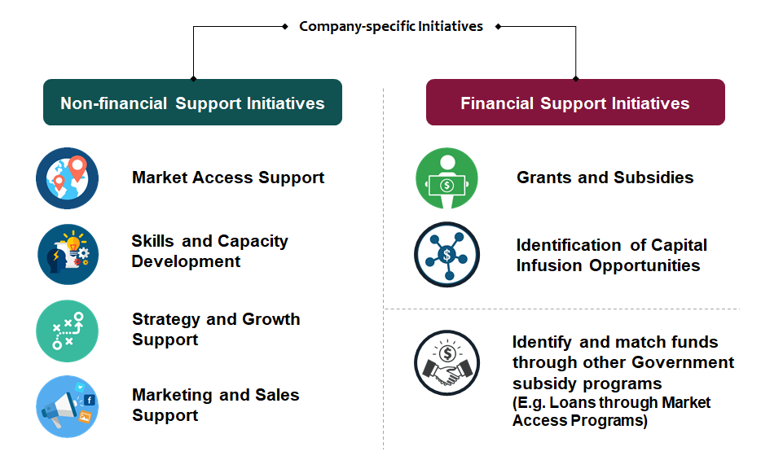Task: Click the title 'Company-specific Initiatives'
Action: (x=391, y=26)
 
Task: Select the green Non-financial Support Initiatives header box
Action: (x=193, y=103)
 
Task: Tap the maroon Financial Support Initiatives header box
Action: (x=575, y=103)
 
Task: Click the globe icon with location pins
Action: (x=68, y=178)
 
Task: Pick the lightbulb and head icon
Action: (x=68, y=255)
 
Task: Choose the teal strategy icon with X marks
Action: (x=68, y=331)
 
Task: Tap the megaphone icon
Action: (x=68, y=406)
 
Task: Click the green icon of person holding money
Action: (x=447, y=178)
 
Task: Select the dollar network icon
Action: (x=447, y=255)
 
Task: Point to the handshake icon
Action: (x=447, y=362)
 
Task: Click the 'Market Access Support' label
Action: (x=228, y=178)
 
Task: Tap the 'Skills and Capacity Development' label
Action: (x=209, y=251)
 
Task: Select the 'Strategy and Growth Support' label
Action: (x=216, y=329)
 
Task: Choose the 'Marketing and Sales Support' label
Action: (x=216, y=405)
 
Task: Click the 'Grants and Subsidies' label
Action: (x=605, y=178)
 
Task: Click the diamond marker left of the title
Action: (x=285, y=26)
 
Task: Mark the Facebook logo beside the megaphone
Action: (x=90, y=400)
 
